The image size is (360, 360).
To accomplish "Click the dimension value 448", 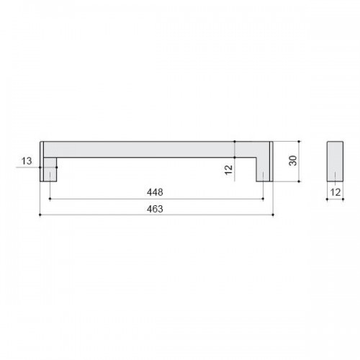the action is pos(155,192).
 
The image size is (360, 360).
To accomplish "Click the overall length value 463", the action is pos(155,209).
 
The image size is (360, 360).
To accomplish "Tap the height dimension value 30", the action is pos(293,161).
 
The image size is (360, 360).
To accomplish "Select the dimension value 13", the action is pos(27,161).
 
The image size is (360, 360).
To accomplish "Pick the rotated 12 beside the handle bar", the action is pos(229,170).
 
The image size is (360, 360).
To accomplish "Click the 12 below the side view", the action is pos(336,192).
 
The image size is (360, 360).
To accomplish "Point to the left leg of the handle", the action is pos(50,169).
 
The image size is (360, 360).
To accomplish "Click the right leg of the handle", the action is pos(263,169).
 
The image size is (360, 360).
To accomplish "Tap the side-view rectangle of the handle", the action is pos(335,161).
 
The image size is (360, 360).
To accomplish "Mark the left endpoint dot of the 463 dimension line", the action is pos(40,215).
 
